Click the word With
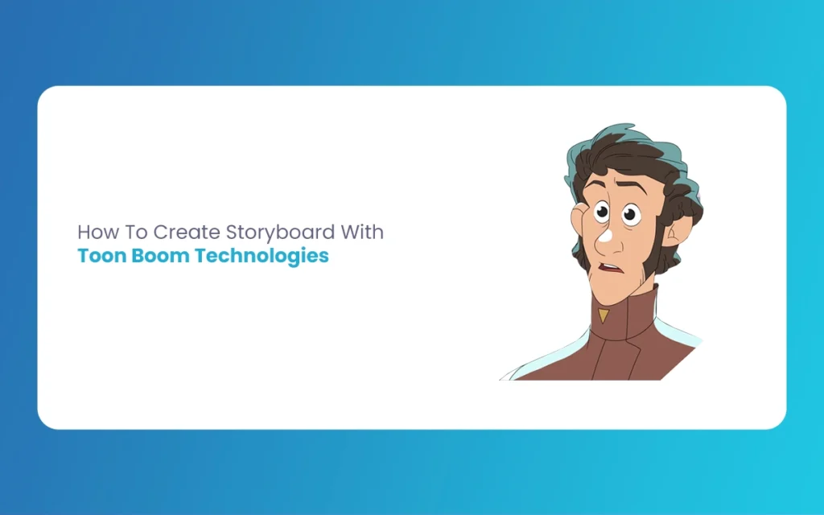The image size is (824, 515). pos(362,232)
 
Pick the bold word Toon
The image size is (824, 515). pos(102,256)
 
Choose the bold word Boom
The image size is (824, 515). pos(160,256)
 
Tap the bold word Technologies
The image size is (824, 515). pos(262,257)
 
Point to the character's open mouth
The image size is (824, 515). pos(610,268)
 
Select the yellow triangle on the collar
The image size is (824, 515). pos(604,315)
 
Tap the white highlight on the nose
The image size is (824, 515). pos(605,236)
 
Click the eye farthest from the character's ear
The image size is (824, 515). pos(601,212)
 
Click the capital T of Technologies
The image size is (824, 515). pos(201,255)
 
